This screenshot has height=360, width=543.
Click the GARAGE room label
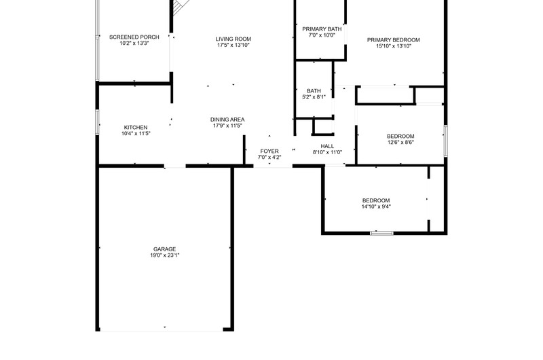coord(164,249)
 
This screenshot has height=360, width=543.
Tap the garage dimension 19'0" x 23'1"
coord(164,255)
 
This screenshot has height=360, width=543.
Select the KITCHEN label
coord(136,128)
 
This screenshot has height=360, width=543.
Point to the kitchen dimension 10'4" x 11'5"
coord(136,133)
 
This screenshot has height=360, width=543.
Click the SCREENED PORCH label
coord(134,37)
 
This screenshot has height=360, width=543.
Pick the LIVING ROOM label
coord(233,39)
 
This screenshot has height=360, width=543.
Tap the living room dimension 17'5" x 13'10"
coord(233,45)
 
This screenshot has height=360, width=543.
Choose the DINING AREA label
coord(227,120)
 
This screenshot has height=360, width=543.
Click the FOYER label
coord(269,151)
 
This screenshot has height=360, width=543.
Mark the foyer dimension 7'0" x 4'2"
coord(269,158)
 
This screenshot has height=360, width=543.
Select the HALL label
coord(327,146)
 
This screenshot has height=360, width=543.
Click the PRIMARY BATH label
coord(322,29)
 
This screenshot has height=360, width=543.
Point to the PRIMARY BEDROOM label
coord(394,40)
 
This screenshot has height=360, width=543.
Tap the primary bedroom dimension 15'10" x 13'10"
coord(394,46)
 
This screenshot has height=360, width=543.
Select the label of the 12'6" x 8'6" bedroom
coord(400,136)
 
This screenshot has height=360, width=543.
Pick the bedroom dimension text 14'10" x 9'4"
coord(376,207)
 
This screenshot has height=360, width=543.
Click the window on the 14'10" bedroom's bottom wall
coord(381,233)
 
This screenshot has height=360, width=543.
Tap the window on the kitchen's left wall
coord(97,122)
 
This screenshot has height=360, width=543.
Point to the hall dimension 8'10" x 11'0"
coord(327,152)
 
